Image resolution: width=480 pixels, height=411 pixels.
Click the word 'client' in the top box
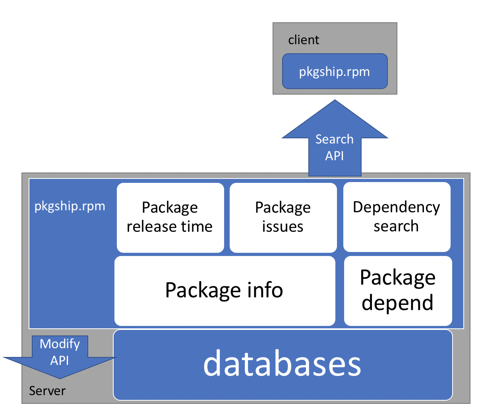click(x=304, y=40)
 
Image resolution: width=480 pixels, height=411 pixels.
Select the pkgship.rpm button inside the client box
click(x=335, y=72)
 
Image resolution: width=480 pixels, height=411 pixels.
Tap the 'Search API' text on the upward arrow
click(x=335, y=147)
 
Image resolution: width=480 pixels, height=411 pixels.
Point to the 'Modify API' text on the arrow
click(x=60, y=352)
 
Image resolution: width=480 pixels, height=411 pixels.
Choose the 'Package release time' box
click(x=170, y=217)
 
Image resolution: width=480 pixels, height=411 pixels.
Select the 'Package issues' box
click(x=283, y=217)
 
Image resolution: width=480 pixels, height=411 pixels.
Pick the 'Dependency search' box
click(x=397, y=217)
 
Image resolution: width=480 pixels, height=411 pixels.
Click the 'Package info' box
click(x=225, y=291)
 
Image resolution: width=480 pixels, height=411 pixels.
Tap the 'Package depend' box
click(x=398, y=291)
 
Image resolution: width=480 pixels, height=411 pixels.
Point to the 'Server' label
click(x=47, y=391)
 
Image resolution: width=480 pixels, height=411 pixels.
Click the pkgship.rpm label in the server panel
click(x=70, y=206)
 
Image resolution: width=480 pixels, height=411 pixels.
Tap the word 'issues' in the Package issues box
click(x=283, y=227)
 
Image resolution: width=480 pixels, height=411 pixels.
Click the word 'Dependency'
click(x=397, y=207)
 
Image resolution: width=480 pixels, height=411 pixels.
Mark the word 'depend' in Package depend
click(x=398, y=303)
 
